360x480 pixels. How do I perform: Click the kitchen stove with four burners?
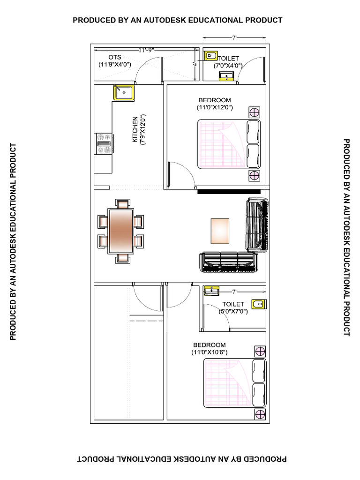[x=104, y=143]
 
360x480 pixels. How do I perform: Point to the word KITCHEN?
[x=135, y=130]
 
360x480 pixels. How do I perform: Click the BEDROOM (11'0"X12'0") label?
[x=215, y=104]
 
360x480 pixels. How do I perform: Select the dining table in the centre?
[x=121, y=231]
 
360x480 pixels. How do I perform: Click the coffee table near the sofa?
[x=220, y=231]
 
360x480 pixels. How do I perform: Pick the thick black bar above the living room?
[x=229, y=191]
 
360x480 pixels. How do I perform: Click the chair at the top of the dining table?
[x=122, y=204]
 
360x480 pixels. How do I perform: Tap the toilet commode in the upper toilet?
[x=210, y=56]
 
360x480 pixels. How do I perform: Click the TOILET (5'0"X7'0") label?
[x=233, y=307]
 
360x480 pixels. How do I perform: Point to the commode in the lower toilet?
[x=257, y=305]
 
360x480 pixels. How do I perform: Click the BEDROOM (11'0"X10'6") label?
[x=210, y=348]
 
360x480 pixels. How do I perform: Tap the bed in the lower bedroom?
[x=235, y=383]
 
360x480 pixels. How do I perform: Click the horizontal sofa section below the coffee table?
[x=229, y=262]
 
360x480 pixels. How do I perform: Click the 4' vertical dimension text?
[x=194, y=66]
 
